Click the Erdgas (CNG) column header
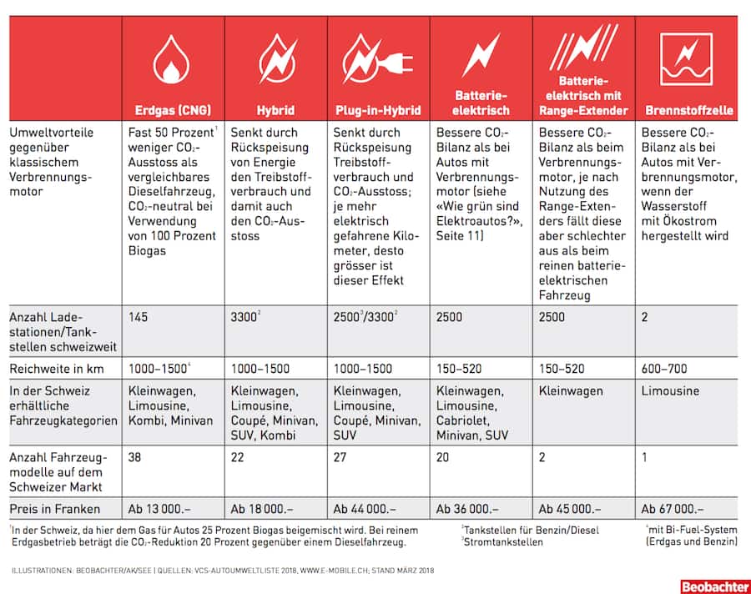[173, 109]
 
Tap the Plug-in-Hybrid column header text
[377, 109]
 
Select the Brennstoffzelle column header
[688, 109]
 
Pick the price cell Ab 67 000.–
[673, 508]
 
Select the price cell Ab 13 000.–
[159, 508]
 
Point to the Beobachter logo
[713, 585]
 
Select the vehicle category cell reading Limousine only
[671, 390]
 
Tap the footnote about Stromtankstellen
[501, 541]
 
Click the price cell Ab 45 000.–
[570, 508]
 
